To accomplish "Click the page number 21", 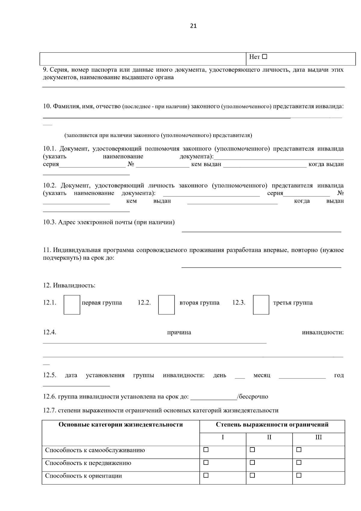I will pos(193,26).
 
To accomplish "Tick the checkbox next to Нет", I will pos(265,57).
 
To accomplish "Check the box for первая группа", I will pos(72,305).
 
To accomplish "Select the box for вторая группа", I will pos(166,305).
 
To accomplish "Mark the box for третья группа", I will pos(261,305).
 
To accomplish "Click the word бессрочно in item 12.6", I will pos(253,397).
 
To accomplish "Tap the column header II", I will pos(269,437).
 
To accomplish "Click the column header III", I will pos(318,437).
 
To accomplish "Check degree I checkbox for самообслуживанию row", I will pos(206,450).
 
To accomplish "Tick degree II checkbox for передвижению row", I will pos(252,463).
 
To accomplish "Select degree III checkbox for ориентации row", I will pos(299,475).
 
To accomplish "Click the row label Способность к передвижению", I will pos(88,463).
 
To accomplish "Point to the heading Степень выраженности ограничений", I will pos(272,425).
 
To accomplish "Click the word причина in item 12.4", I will pos(179,332).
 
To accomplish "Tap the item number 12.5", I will pos(50,375).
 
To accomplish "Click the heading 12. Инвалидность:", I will pos(69,285).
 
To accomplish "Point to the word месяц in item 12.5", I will pos(262,375).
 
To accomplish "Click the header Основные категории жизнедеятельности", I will pos(121,425).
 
